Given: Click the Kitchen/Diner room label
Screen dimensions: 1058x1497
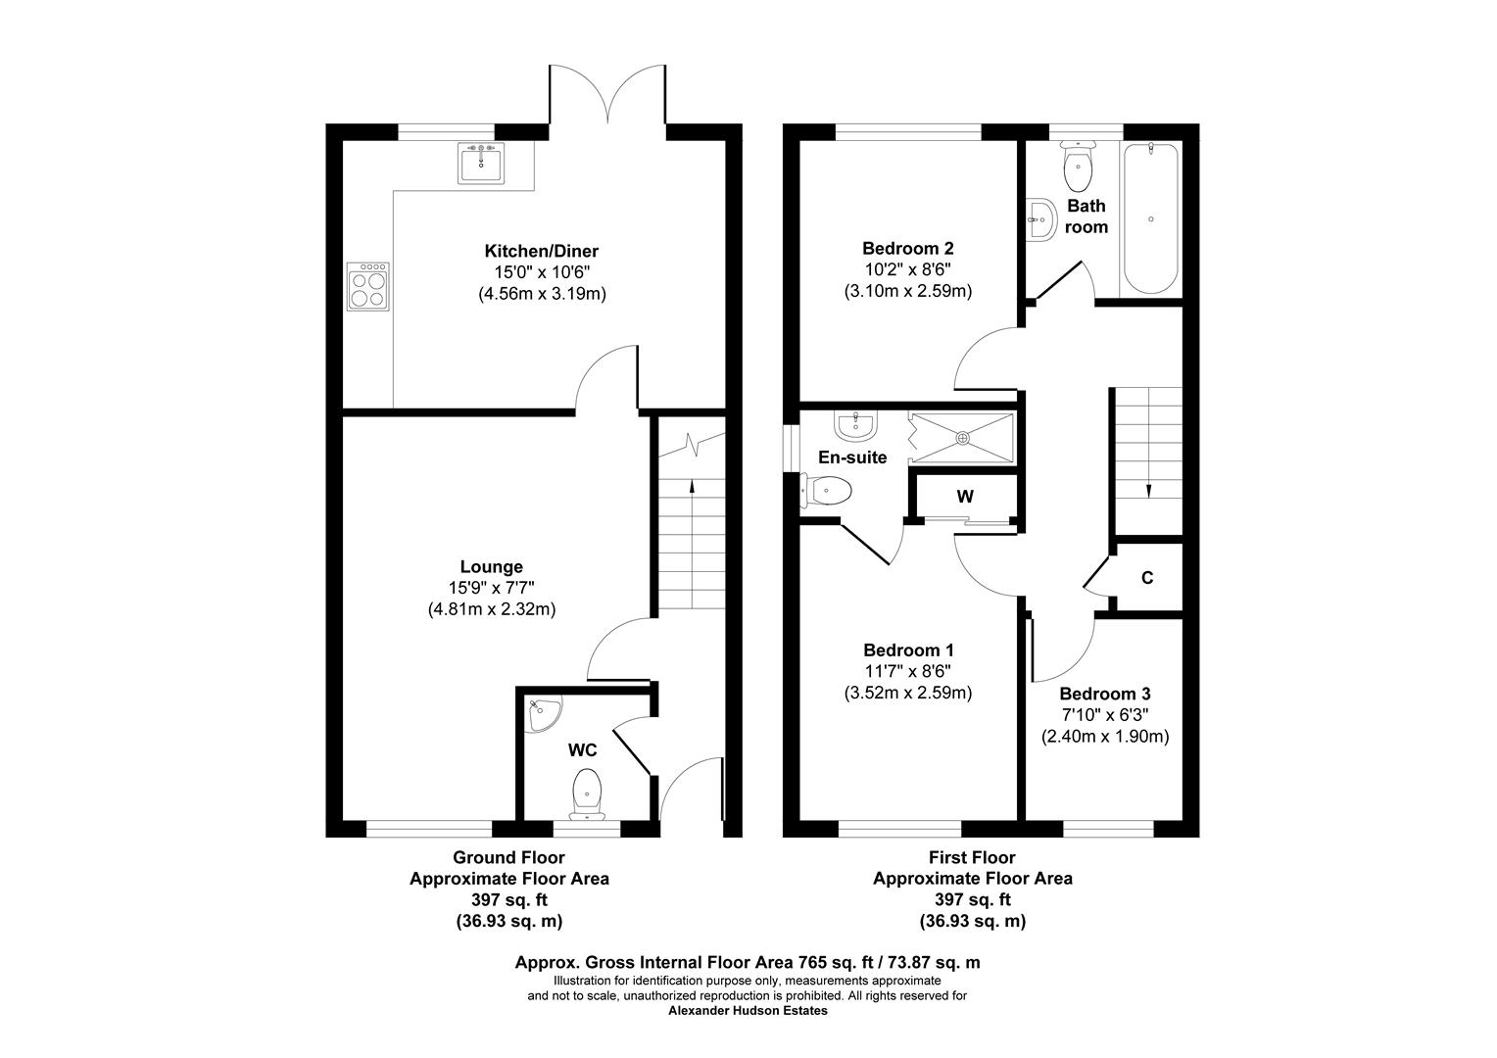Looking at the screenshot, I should [542, 251].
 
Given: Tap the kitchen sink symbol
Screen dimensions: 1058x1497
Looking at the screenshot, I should [480, 163].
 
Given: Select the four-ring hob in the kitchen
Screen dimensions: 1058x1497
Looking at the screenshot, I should [369, 286].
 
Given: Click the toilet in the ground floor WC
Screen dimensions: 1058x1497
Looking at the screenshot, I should [587, 792].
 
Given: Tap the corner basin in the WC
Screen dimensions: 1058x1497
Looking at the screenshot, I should [540, 714].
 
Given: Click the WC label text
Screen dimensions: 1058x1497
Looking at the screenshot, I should [583, 750].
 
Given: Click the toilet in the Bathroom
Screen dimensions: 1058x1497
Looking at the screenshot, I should [1077, 168].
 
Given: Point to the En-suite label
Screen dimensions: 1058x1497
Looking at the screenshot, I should [852, 457].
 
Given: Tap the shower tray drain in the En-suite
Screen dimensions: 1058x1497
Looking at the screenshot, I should [963, 438].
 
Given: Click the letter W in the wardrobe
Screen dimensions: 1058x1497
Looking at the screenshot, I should [965, 497].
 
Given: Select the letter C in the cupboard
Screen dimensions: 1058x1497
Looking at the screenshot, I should [1146, 578].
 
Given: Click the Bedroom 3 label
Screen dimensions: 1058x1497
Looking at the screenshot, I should [1104, 694].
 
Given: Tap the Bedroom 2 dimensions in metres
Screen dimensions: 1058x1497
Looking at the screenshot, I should [907, 291].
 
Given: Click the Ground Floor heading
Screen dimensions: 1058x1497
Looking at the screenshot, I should [508, 857].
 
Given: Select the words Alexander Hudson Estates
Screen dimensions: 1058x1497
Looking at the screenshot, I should [748, 1011].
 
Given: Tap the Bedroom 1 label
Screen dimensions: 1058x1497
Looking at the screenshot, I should [908, 649].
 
